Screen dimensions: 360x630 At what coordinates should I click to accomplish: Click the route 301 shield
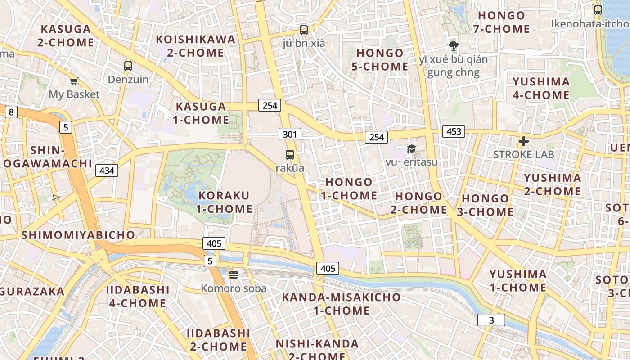click(290, 134)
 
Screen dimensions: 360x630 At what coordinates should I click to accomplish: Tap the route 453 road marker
click(454, 131)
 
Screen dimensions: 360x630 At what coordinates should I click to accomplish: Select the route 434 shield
click(107, 171)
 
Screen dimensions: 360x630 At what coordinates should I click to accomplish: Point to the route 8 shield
click(11, 112)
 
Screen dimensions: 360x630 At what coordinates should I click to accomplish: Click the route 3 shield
click(491, 320)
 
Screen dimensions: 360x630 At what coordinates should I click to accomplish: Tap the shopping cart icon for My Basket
click(74, 81)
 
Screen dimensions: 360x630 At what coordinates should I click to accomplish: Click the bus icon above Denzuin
click(128, 66)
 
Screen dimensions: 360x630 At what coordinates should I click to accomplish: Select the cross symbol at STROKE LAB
click(523, 141)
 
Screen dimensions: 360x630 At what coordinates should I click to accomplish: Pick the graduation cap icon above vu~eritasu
click(411, 148)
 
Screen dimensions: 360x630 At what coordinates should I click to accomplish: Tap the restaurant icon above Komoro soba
click(233, 274)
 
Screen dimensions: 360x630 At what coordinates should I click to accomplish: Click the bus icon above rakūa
click(290, 155)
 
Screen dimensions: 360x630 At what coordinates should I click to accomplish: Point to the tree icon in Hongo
click(453, 45)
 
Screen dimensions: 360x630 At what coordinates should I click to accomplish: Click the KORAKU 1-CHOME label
click(224, 202)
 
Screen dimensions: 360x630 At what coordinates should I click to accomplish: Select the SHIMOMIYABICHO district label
click(78, 235)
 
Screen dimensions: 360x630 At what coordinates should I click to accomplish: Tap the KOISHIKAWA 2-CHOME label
click(196, 46)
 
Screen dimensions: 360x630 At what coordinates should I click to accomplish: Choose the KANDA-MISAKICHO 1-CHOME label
click(341, 304)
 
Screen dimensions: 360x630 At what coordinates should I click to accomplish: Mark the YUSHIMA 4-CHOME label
click(541, 88)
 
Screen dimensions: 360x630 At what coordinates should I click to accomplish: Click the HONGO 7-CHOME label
click(501, 22)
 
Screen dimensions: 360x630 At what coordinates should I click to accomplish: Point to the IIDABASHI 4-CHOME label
click(138, 296)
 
